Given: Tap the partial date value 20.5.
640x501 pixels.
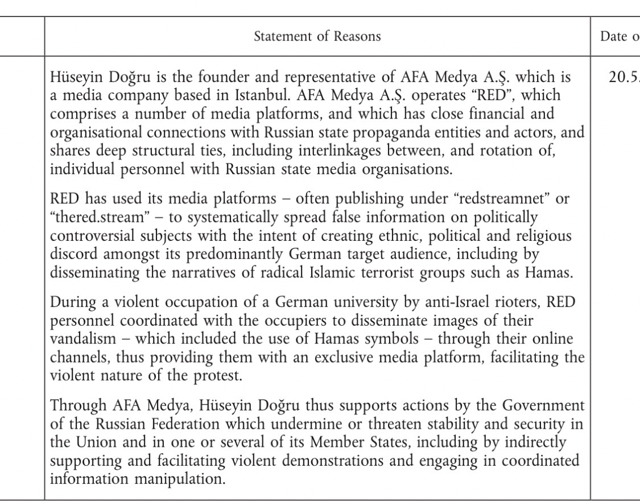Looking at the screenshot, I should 624,79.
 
